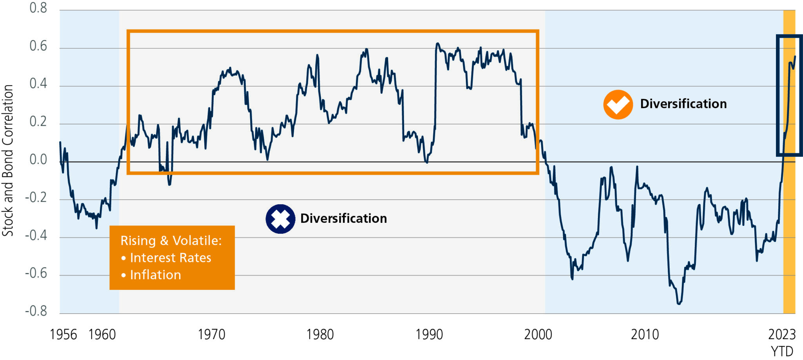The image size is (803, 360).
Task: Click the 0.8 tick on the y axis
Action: [38, 8]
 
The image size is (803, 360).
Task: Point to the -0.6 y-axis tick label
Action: [36, 273]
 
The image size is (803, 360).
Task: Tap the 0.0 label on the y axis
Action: [38, 160]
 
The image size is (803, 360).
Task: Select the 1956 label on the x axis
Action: [63, 335]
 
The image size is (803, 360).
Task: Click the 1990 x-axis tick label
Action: [429, 335]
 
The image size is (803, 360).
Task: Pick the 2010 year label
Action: [645, 335]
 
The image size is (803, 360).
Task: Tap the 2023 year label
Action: [782, 335]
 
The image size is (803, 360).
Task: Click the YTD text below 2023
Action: [782, 351]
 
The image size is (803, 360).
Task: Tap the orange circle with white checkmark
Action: [618, 104]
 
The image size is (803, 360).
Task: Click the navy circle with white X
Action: [280, 219]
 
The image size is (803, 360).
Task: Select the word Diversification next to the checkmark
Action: [683, 104]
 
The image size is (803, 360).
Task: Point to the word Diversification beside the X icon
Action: [343, 218]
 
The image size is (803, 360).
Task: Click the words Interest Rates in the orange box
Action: [170, 258]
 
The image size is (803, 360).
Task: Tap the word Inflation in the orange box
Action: [155, 275]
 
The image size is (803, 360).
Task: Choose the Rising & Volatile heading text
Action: [171, 240]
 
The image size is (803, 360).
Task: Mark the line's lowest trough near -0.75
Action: [679, 303]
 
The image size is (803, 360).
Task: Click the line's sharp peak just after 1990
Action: [437, 44]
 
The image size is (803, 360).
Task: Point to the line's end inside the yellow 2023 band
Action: [795, 56]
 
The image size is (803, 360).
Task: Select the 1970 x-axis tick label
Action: [211, 335]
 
